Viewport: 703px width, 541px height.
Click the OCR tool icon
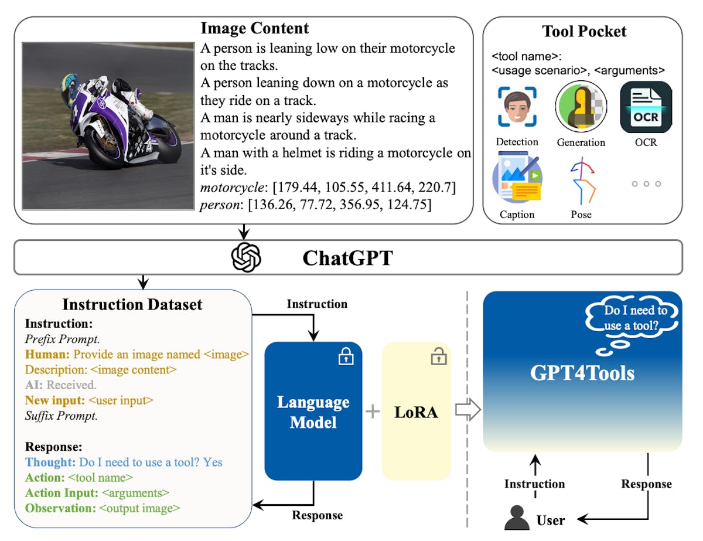coord(646,107)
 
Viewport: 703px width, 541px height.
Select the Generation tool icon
coord(581,107)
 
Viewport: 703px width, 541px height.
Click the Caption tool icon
coord(517,178)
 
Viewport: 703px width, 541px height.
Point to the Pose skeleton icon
coord(582,182)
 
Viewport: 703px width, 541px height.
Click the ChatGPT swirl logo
coord(246,257)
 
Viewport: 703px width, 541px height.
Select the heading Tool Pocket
coord(584,31)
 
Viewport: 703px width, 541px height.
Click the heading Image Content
coord(255,28)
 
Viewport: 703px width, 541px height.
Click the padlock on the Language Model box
coord(346,356)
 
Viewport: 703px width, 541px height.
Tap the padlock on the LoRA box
coord(436,356)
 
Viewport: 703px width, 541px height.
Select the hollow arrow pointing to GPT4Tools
coord(467,411)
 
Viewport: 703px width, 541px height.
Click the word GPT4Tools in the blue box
coord(582,372)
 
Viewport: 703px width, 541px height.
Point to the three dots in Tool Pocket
coord(646,183)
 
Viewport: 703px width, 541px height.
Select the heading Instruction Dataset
coord(132,304)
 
